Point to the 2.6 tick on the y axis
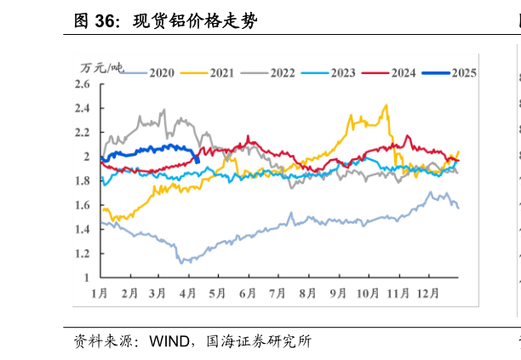point(83,84)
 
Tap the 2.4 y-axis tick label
point(83,108)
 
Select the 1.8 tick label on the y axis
point(83,180)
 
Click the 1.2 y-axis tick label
point(83,253)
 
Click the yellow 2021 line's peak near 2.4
point(387,106)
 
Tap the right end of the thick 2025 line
point(198,161)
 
